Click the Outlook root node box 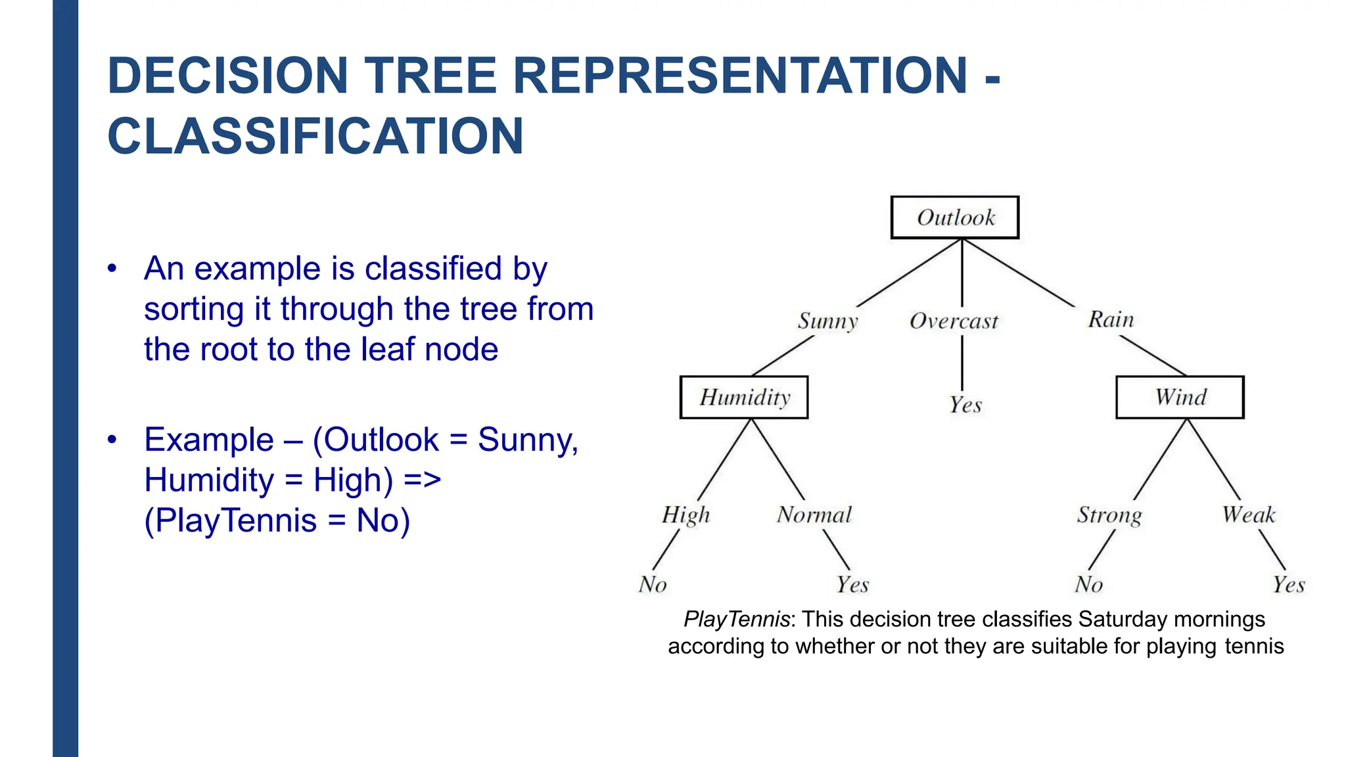coord(955,218)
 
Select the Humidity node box coord(744,398)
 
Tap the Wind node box coord(1180,398)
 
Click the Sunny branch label coord(828,321)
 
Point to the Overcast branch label coord(954,321)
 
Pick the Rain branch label coord(1111,320)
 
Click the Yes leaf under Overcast coord(965,405)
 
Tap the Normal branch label coord(814,515)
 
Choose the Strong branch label coord(1109,515)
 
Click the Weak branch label coord(1248,515)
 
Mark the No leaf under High coord(653,584)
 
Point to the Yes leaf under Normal coord(852,584)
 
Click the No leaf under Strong coord(1088,584)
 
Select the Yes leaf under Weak coord(1289,584)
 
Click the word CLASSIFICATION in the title coord(315,137)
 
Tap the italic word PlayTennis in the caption coord(736,619)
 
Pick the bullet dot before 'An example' coord(112,268)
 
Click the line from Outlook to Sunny coord(909,273)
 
